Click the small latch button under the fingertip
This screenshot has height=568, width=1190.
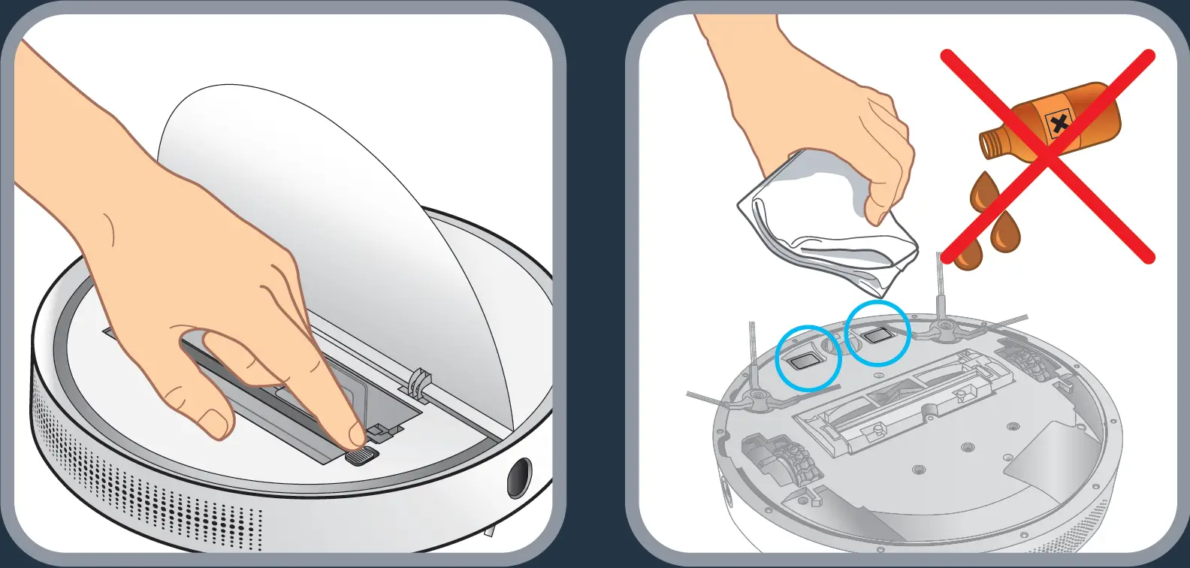(x=361, y=456)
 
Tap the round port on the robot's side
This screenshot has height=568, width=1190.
(x=519, y=478)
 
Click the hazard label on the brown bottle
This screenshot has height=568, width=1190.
(x=1059, y=123)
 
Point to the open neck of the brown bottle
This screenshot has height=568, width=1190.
(x=990, y=144)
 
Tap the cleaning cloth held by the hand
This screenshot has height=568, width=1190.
(x=826, y=225)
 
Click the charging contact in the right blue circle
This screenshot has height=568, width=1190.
(x=875, y=336)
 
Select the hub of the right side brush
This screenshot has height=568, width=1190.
(x=944, y=328)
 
